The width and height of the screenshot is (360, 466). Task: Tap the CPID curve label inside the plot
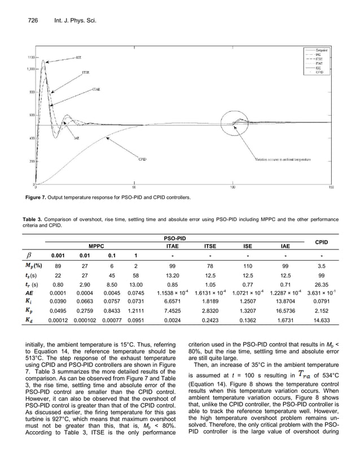143,160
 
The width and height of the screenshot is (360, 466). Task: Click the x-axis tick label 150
331,187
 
